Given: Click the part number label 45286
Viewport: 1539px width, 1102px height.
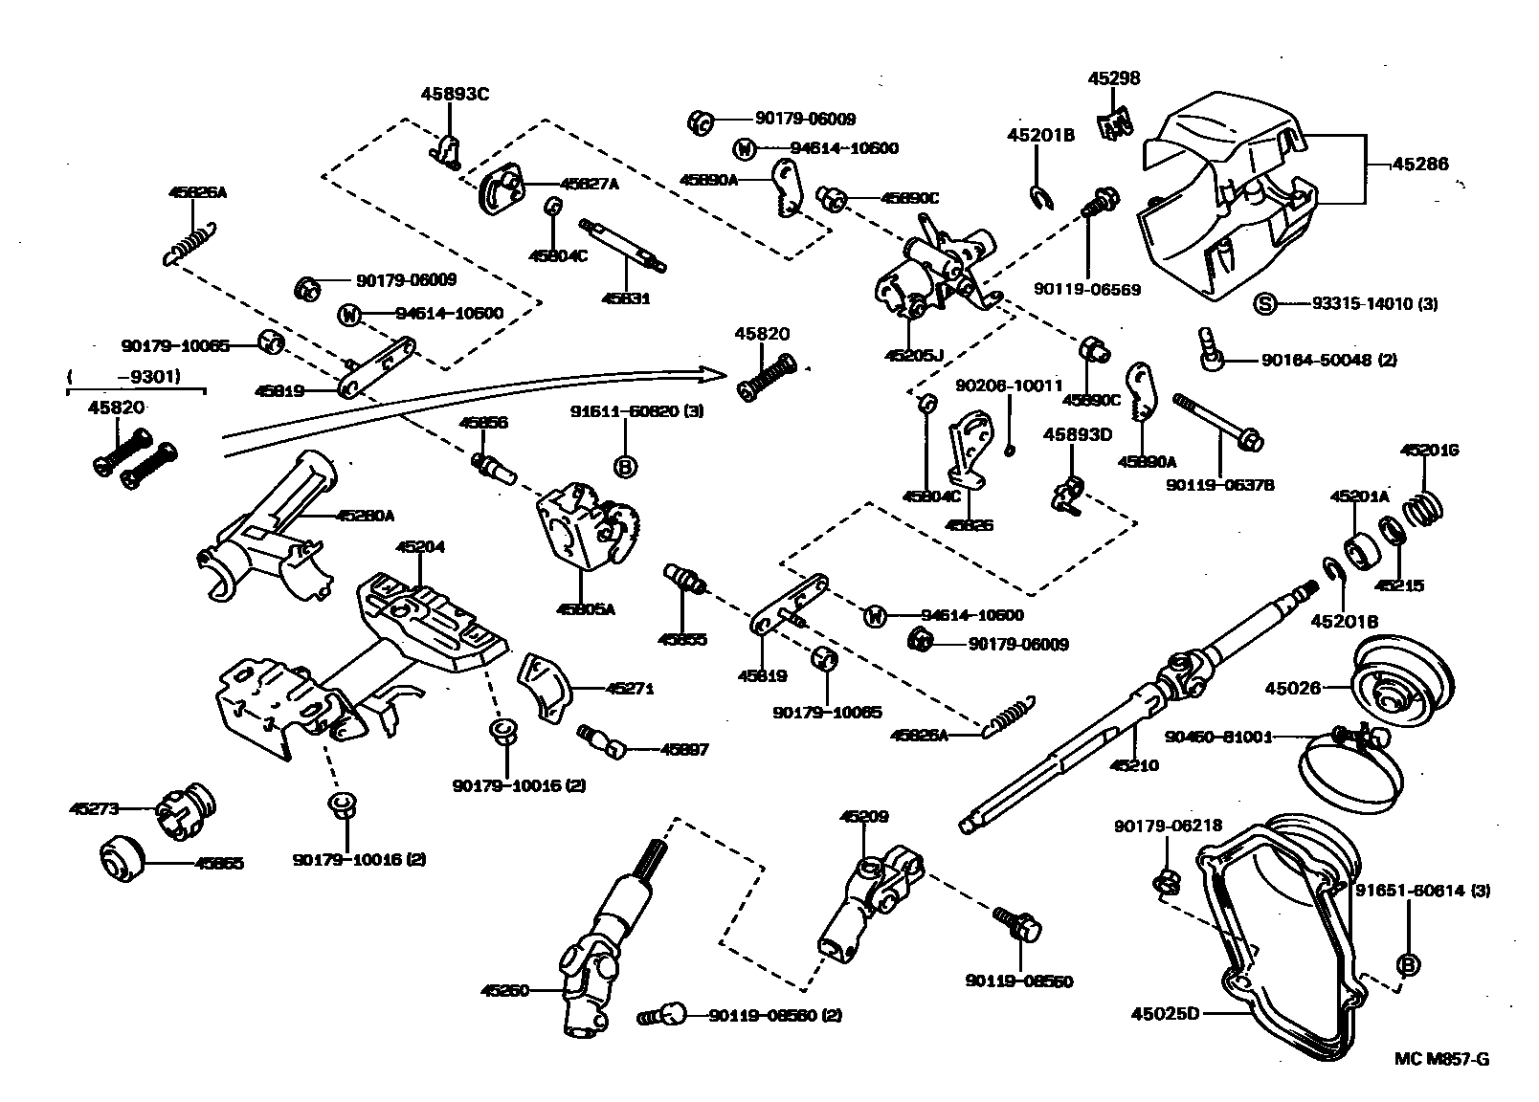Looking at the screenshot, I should point(1419,165).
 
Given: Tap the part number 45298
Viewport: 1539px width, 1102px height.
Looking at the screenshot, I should point(1113,79).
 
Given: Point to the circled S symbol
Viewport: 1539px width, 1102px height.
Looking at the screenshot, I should point(1264,304).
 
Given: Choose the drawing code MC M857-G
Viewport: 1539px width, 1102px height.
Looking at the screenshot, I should point(1441,1058).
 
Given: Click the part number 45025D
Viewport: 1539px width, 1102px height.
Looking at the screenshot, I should point(1164,1013).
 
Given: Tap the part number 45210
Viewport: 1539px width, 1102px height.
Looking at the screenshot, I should point(1134,765).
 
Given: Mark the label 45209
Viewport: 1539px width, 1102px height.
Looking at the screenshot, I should point(864,817).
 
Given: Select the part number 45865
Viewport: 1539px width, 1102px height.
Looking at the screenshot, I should point(219,863).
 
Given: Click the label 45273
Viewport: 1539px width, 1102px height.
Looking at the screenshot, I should point(94,808).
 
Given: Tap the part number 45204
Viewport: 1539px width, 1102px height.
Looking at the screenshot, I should point(420,547).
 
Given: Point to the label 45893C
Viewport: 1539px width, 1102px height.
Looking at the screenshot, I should point(455,94).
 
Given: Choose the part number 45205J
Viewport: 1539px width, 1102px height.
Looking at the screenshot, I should point(913,355).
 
